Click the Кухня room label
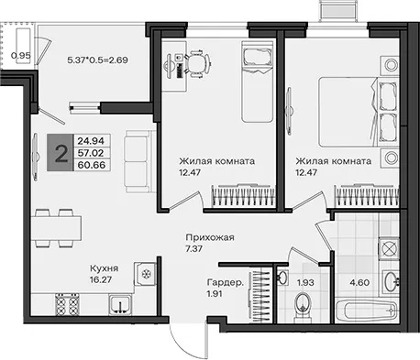[x=104, y=268]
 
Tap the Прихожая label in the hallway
[x=210, y=237]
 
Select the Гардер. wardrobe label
[x=226, y=282]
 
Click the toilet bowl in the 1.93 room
[x=303, y=306]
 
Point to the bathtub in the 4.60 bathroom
[x=367, y=311]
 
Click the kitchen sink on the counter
[x=120, y=305]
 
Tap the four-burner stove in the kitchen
[x=67, y=304]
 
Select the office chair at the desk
[x=198, y=64]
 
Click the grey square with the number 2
[x=61, y=152]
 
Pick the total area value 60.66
[x=92, y=165]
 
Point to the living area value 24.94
[x=91, y=141]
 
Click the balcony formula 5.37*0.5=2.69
[x=97, y=60]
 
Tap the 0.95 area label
[x=21, y=56]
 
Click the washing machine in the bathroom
[x=389, y=248]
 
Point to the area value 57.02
[x=91, y=153]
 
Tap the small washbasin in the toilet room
[x=282, y=277]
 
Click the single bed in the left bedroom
[x=257, y=82]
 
